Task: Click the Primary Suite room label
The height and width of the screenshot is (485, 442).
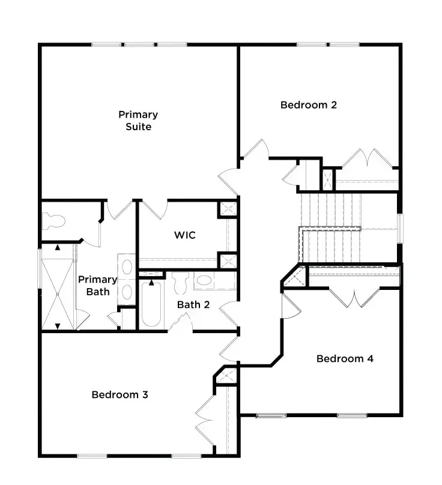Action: pyautogui.click(x=138, y=120)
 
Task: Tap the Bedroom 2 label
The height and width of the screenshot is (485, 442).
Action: pyautogui.click(x=308, y=105)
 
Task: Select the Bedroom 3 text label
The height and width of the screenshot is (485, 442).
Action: pyautogui.click(x=120, y=395)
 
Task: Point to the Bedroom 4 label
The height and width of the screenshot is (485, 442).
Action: pyautogui.click(x=345, y=359)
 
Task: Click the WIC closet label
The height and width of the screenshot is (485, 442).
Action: pyautogui.click(x=184, y=235)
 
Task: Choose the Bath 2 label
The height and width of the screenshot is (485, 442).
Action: pyautogui.click(x=193, y=305)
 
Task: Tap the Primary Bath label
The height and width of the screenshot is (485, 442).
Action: pyautogui.click(x=97, y=285)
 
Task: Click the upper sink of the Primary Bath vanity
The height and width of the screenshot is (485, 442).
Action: pyautogui.click(x=127, y=267)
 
